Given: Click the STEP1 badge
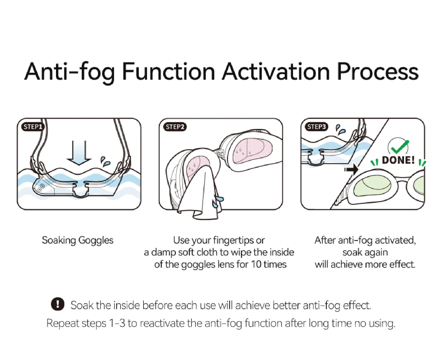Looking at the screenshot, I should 33,127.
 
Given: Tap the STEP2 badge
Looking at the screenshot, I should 175,127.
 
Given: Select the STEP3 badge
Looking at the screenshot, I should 316,127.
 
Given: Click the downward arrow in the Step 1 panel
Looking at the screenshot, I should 79,152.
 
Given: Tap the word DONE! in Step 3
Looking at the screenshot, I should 398,160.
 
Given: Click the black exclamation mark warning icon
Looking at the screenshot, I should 58,304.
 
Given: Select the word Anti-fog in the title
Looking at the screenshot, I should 70,72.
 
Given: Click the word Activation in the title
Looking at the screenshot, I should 276,72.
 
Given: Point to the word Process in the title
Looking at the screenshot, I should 377,72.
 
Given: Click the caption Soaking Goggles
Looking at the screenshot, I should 77,240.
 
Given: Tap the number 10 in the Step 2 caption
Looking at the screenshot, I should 256,264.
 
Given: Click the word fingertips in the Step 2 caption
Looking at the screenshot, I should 234,240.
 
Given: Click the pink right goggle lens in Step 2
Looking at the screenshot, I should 248,150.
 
